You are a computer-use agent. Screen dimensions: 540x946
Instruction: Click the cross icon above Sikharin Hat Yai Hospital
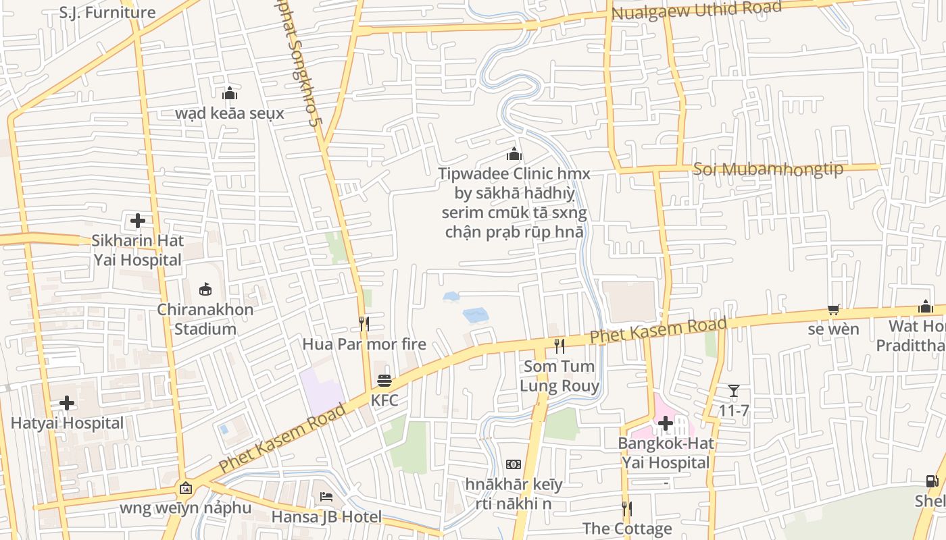(138, 221)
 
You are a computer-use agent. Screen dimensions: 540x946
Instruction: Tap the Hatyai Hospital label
(67, 423)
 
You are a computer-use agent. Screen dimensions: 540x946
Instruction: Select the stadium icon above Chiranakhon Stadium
(205, 290)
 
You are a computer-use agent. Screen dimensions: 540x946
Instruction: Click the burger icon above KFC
(384, 381)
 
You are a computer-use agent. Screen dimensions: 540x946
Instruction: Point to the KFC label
(384, 400)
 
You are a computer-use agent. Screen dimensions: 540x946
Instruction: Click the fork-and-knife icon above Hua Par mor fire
(364, 324)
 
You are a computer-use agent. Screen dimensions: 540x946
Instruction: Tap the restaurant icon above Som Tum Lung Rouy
(559, 346)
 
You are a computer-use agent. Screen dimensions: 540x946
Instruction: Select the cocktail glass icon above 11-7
(734, 391)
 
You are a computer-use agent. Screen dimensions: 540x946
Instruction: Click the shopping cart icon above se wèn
(834, 309)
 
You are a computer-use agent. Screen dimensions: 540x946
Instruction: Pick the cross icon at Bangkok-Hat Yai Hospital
(666, 424)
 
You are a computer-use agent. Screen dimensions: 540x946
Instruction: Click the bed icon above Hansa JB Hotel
(326, 497)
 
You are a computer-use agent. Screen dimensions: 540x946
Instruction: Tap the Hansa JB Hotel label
(326, 517)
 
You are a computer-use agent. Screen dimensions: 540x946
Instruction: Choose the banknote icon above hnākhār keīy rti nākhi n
(514, 464)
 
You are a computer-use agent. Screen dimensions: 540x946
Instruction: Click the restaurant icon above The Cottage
(627, 508)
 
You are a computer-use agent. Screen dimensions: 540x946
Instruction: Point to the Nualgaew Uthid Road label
(697, 11)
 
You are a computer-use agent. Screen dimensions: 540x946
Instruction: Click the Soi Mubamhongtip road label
(768, 168)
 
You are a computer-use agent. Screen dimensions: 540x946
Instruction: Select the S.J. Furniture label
(107, 12)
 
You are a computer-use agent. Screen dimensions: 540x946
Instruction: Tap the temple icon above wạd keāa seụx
(230, 93)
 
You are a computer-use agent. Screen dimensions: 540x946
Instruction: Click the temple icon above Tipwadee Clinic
(514, 154)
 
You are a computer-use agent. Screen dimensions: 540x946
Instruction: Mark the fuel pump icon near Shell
(932, 481)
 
